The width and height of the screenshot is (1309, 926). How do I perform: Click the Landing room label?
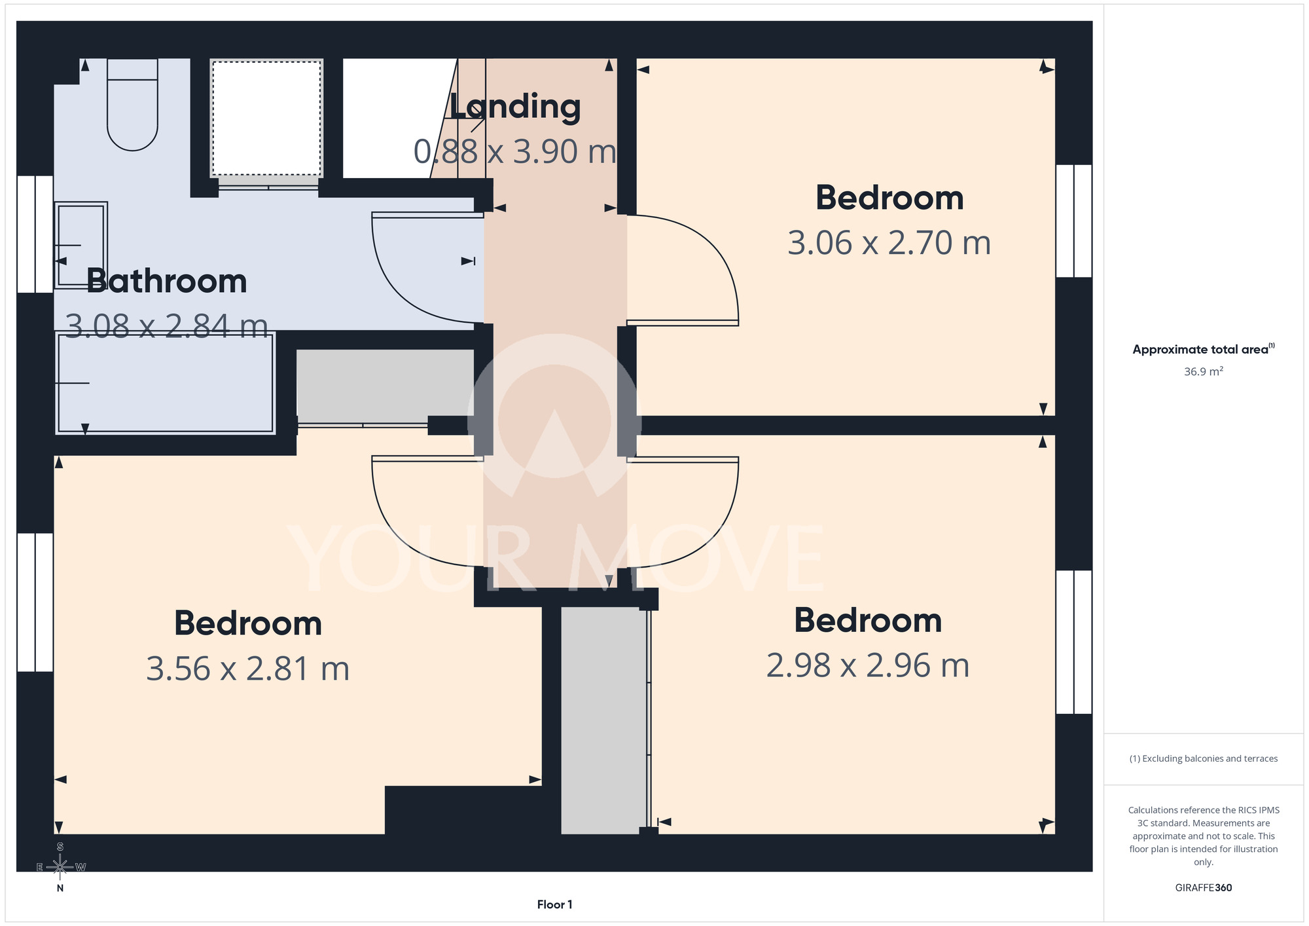click(x=515, y=107)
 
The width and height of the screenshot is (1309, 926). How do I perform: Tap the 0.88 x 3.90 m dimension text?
click(x=515, y=151)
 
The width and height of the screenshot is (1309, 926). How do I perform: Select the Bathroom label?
click(x=167, y=281)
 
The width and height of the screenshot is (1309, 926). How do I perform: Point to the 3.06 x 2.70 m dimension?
click(x=889, y=243)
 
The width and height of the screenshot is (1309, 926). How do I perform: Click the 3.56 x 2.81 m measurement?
click(x=248, y=669)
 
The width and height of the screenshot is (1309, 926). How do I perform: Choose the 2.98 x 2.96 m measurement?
click(x=868, y=665)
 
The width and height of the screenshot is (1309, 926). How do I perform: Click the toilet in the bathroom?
click(x=132, y=105)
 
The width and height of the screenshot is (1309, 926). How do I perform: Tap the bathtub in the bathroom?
click(x=165, y=382)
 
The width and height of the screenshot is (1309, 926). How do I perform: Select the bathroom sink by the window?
click(x=81, y=245)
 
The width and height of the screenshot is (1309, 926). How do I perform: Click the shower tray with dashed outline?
click(x=266, y=119)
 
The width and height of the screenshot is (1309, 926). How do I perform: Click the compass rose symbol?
click(x=60, y=867)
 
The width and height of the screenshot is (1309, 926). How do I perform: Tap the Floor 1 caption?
click(x=554, y=904)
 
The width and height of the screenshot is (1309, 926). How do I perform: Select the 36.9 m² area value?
click(x=1204, y=371)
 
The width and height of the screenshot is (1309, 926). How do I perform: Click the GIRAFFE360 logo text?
click(x=1204, y=888)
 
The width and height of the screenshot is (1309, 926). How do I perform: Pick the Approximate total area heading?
click(x=1204, y=349)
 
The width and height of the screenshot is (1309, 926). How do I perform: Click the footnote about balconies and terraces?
click(x=1204, y=758)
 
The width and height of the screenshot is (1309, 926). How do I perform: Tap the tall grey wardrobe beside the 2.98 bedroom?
click(x=603, y=720)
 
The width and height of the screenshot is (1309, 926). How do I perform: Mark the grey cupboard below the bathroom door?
click(x=385, y=386)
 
